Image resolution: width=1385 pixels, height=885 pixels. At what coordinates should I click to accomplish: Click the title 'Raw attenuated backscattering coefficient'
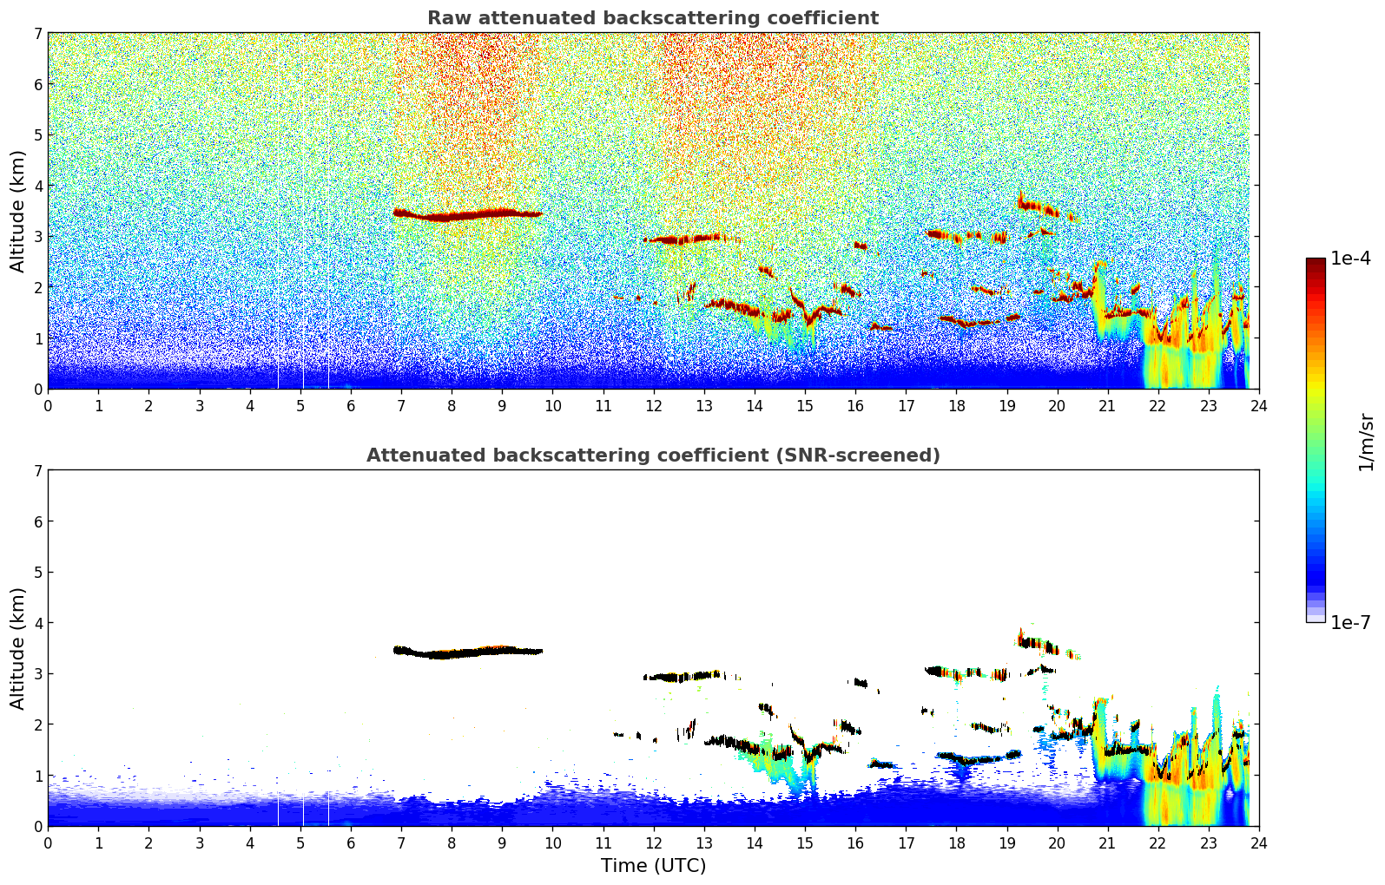pyautogui.click(x=653, y=18)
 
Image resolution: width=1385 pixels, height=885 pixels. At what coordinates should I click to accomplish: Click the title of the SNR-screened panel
pyautogui.click(x=653, y=455)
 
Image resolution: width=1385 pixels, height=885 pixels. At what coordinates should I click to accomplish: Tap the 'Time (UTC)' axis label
pyautogui.click(x=653, y=865)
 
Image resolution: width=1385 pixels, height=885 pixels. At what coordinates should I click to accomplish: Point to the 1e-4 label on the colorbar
pyautogui.click(x=1350, y=259)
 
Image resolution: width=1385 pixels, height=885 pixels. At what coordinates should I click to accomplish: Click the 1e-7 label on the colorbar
pyautogui.click(x=1350, y=622)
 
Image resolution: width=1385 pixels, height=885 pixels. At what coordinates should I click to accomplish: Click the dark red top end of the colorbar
pyautogui.click(x=1316, y=262)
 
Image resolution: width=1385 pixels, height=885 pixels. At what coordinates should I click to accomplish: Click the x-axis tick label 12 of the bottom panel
pyautogui.click(x=654, y=842)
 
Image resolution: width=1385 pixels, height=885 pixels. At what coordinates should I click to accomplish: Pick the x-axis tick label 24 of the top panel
pyautogui.click(x=1259, y=405)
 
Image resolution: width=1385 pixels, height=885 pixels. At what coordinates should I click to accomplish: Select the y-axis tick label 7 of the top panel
pyautogui.click(x=37, y=33)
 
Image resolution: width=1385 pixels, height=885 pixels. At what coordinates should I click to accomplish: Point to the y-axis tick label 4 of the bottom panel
pyautogui.click(x=37, y=623)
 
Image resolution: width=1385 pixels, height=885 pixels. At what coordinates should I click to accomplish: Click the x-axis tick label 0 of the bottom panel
pyautogui.click(x=49, y=842)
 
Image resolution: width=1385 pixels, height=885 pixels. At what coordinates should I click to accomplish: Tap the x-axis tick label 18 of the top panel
pyautogui.click(x=957, y=405)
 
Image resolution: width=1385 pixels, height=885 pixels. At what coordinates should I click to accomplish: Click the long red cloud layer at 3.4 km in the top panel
pyautogui.click(x=468, y=214)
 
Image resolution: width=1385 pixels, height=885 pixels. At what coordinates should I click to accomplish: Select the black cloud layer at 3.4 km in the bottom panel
pyautogui.click(x=468, y=652)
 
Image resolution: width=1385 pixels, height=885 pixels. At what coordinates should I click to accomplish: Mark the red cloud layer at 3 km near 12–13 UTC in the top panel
pyautogui.click(x=684, y=239)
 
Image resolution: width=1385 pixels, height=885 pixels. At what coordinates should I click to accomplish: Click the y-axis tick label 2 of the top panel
pyautogui.click(x=37, y=287)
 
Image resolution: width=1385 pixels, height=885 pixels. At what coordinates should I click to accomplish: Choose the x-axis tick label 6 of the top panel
pyautogui.click(x=351, y=405)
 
